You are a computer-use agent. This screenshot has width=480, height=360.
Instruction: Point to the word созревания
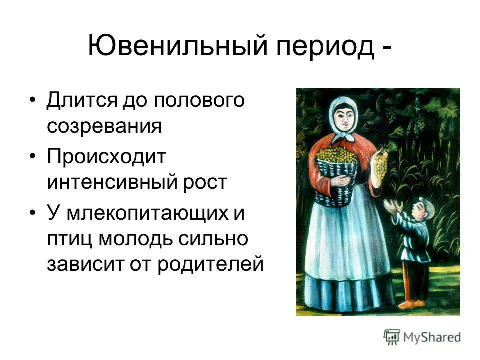pyautogui.click(x=104, y=126)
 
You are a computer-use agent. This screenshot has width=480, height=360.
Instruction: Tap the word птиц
pyautogui.click(x=68, y=239)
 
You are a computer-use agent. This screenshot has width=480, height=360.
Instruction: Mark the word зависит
pyautogui.click(x=80, y=264)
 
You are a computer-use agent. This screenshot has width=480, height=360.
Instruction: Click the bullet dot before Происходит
pyautogui.click(x=33, y=157)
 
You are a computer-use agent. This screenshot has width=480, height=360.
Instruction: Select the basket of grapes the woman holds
pyautogui.click(x=336, y=172)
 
